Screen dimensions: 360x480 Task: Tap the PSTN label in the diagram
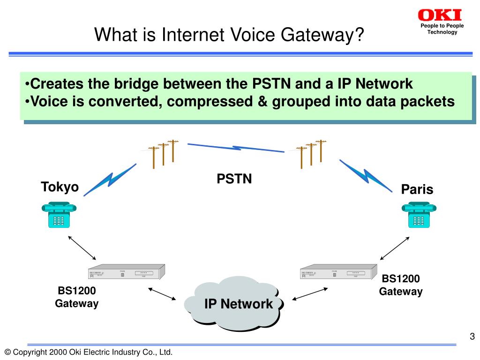(x=234, y=179)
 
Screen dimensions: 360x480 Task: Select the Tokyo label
(x=60, y=187)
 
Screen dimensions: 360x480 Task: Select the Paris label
(x=417, y=189)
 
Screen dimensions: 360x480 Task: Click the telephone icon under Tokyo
(x=59, y=214)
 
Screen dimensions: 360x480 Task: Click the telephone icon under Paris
(x=419, y=214)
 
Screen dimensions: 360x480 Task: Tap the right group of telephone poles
(x=311, y=153)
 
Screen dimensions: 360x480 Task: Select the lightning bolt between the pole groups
(x=236, y=148)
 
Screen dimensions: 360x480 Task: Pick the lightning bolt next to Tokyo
(x=111, y=179)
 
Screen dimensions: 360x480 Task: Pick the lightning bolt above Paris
(x=366, y=176)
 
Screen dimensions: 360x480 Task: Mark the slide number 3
(x=472, y=337)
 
